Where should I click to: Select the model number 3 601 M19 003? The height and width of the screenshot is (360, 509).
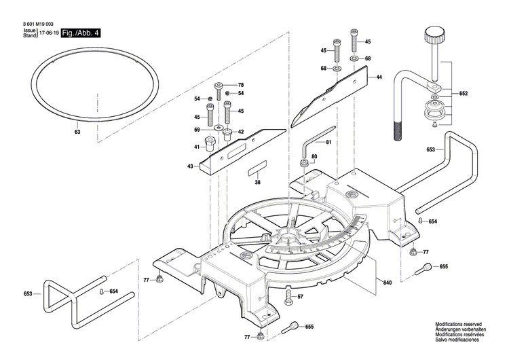point(37,24)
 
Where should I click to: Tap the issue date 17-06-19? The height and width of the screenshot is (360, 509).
point(48,33)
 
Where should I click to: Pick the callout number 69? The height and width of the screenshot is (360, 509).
point(197,129)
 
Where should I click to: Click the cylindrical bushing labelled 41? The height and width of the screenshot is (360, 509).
point(210,145)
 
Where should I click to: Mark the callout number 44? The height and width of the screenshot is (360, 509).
point(379,77)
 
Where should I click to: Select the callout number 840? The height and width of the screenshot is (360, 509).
point(388,282)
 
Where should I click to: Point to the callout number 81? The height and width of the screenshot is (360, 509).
point(328,142)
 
